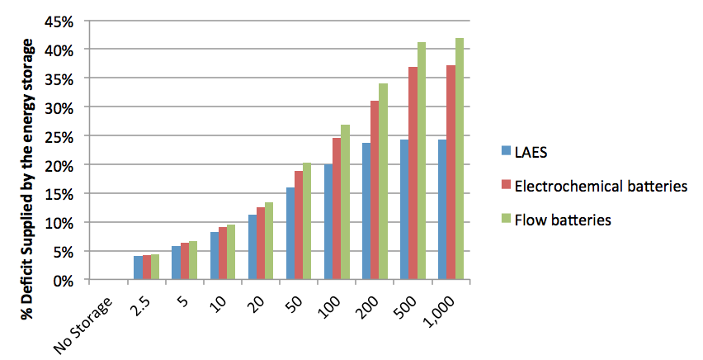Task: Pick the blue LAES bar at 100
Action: coord(328,222)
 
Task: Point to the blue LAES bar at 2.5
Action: coord(138,268)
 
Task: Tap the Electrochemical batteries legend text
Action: coord(601,187)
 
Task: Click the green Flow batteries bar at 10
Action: coord(231,252)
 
